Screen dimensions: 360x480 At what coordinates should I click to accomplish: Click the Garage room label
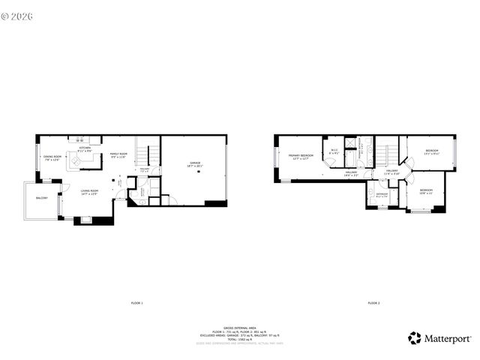195,164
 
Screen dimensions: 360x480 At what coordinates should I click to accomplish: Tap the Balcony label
41,198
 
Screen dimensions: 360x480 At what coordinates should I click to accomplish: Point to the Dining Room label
52,157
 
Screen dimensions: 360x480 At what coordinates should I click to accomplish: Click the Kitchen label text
85,149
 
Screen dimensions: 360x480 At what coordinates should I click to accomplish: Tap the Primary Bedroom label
300,157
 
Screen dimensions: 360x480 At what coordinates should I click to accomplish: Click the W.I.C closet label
334,151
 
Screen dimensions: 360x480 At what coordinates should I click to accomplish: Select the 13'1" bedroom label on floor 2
432,152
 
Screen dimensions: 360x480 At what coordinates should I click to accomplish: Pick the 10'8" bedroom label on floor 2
426,191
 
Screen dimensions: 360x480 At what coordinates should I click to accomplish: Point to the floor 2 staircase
386,154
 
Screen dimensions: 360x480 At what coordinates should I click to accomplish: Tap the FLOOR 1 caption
136,303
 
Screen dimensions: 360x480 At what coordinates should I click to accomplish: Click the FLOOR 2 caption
373,303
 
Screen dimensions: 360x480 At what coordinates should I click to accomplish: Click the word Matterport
447,338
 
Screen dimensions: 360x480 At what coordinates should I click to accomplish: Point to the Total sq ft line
239,339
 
